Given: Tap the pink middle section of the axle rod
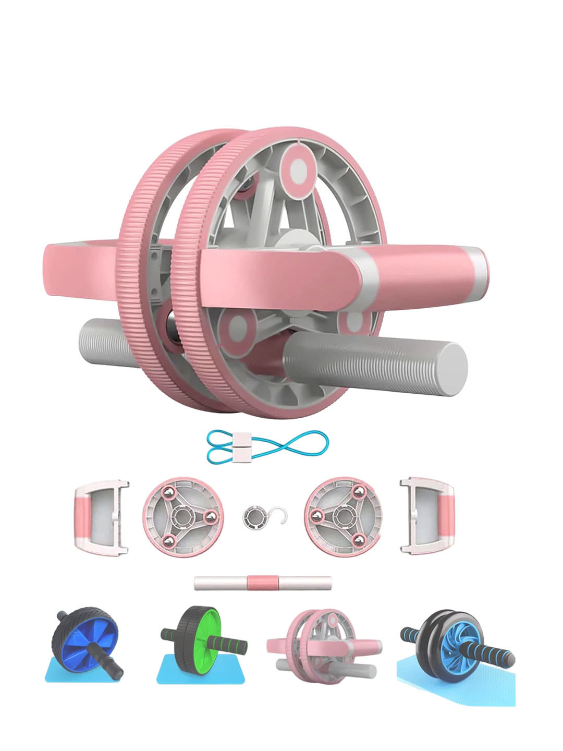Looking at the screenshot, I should [x=263, y=583].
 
